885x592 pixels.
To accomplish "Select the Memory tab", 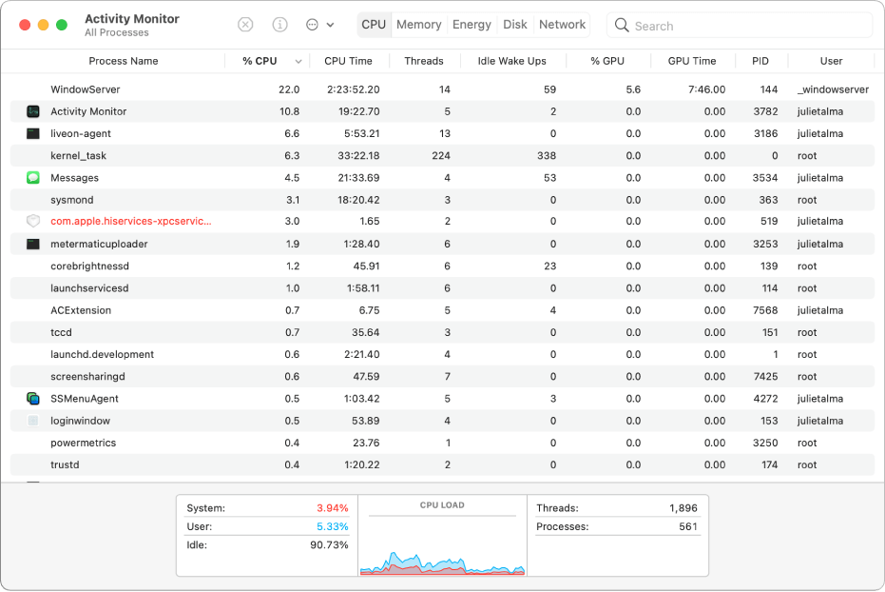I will (418, 25).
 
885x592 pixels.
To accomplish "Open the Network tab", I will (562, 25).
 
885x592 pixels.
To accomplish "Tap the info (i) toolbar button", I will (280, 25).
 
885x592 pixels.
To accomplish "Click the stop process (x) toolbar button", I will (245, 25).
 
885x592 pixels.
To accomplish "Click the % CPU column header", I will (260, 61).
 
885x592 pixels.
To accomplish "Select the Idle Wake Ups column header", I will (511, 61).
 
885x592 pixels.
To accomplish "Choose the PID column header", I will (760, 61).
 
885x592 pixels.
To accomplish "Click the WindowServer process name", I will (86, 89).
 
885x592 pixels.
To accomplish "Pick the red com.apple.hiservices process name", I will (131, 222).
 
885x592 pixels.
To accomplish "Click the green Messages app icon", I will (33, 178).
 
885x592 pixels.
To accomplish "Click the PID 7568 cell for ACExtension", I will (765, 310).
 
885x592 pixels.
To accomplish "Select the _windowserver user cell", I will (833, 89).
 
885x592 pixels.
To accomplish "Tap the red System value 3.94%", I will (332, 508).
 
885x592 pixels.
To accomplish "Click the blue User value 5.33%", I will (332, 526).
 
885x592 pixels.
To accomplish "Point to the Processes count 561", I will (687, 526).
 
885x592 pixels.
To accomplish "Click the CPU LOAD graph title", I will (442, 505).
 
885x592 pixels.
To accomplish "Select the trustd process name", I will (65, 465).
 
